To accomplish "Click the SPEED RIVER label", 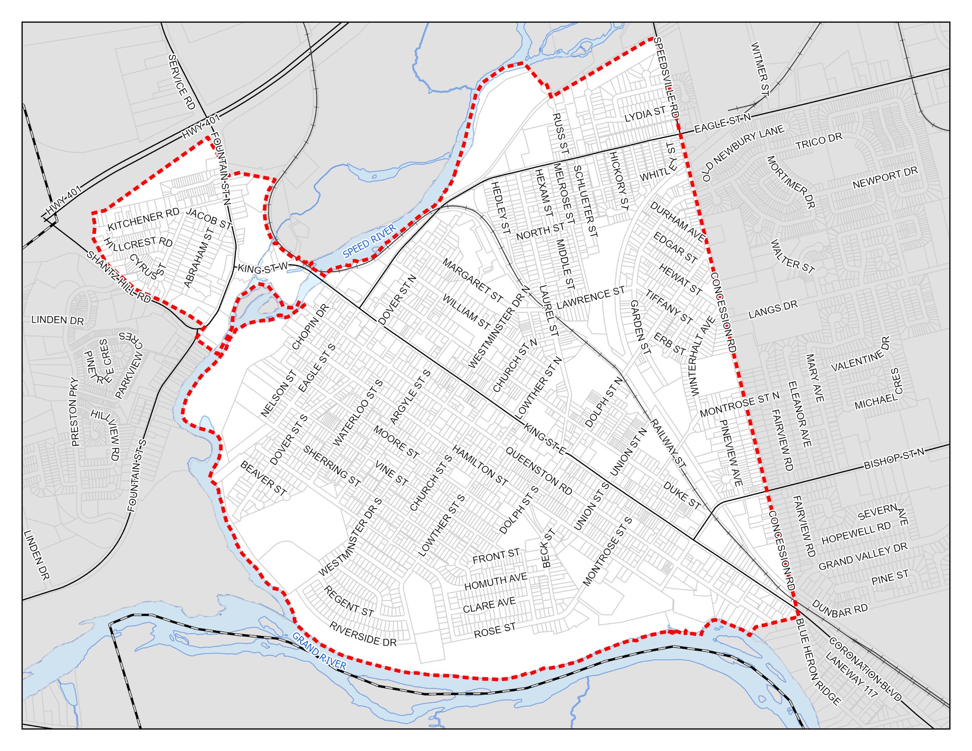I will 369,241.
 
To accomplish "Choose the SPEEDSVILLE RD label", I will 666,77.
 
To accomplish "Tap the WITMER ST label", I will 760,69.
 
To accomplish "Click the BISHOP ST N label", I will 894,459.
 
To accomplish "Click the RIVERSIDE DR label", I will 363,634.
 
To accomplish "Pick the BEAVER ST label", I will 263,478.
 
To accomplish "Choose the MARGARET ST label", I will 472,281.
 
